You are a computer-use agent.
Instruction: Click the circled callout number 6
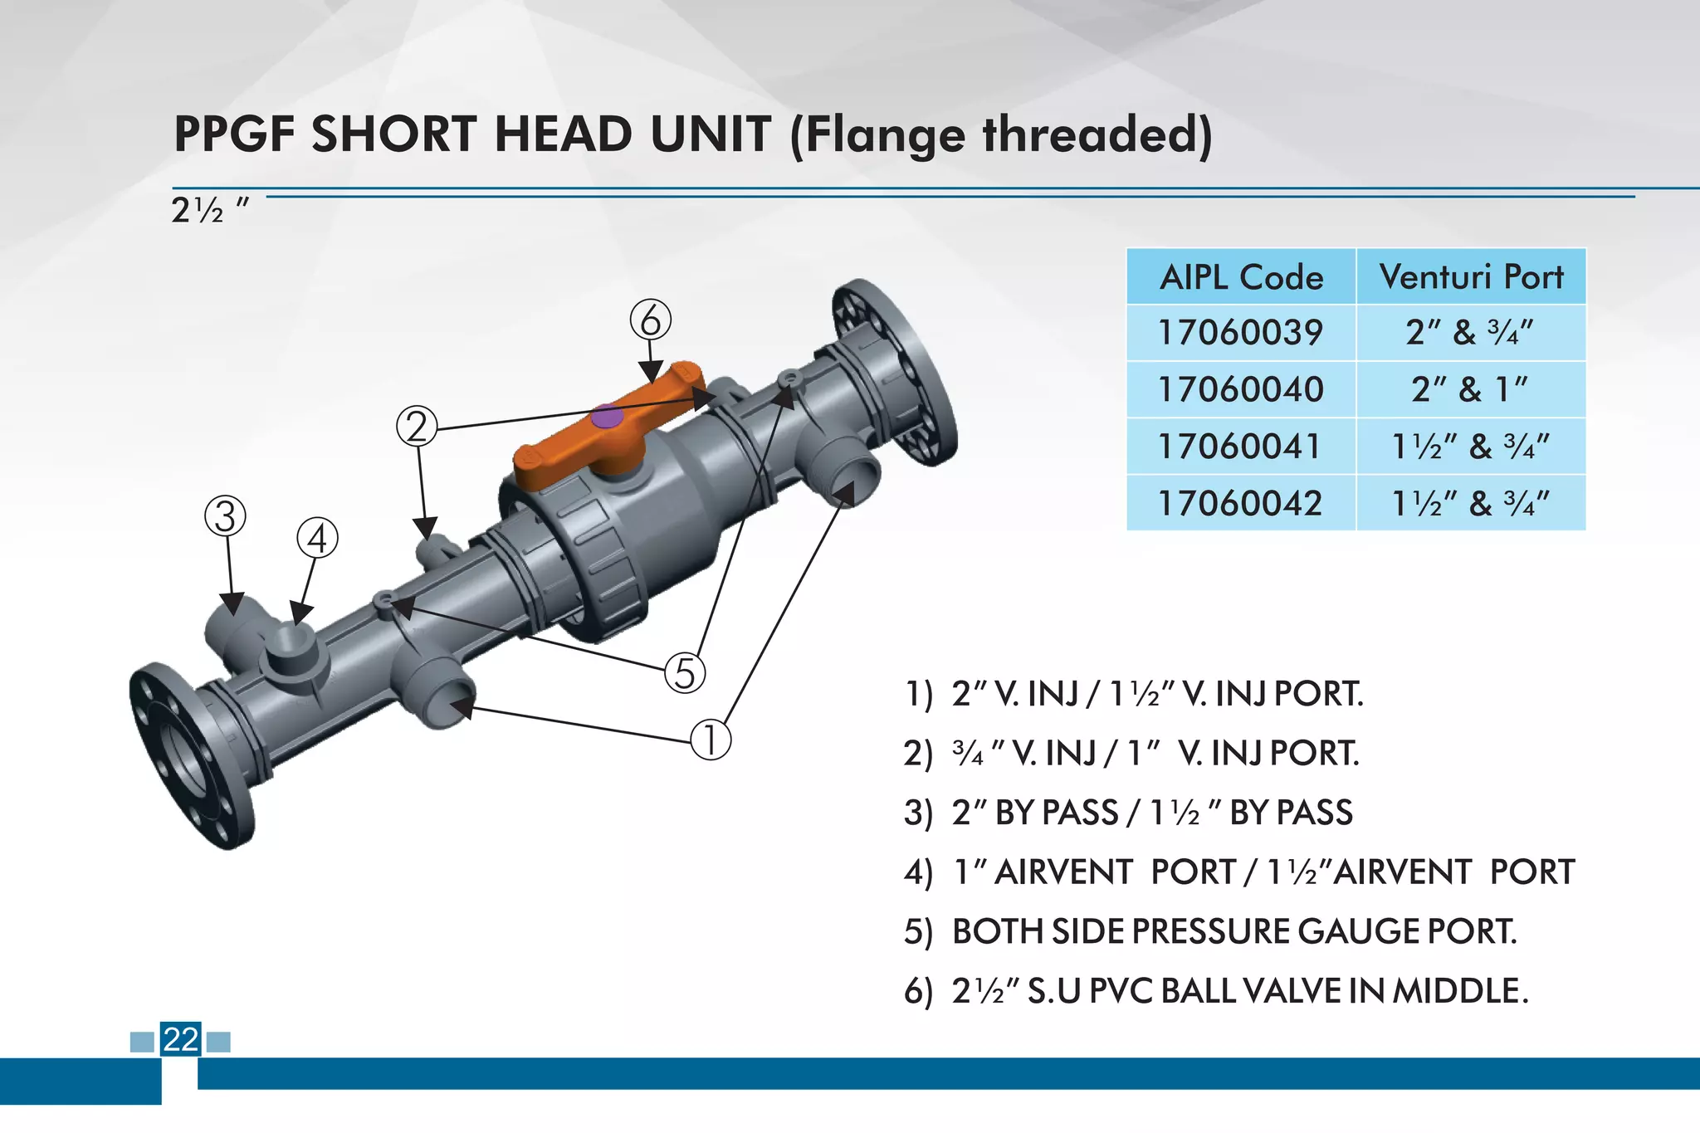(x=650, y=320)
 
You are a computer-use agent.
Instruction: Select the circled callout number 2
(x=417, y=427)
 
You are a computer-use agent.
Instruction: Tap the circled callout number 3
(x=226, y=516)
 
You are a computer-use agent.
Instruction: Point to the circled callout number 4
(x=318, y=539)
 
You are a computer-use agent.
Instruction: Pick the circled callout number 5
(x=685, y=672)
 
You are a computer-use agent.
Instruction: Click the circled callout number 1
(x=711, y=740)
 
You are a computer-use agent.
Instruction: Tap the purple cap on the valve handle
(x=608, y=417)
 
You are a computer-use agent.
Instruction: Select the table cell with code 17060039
(x=1240, y=333)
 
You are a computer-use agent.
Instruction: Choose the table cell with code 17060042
(x=1240, y=503)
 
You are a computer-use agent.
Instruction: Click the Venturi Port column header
(x=1471, y=276)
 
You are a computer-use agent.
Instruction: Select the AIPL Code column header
(x=1241, y=276)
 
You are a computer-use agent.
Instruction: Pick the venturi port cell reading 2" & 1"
(x=1471, y=389)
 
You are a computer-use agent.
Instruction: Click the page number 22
(x=181, y=1039)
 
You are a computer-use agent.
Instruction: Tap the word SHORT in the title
(x=393, y=134)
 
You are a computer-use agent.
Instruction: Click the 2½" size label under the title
(x=208, y=211)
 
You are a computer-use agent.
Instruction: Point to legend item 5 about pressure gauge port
(x=1233, y=931)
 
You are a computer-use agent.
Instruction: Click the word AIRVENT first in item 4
(x=1063, y=872)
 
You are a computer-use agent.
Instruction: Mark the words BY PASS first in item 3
(x=1056, y=813)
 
